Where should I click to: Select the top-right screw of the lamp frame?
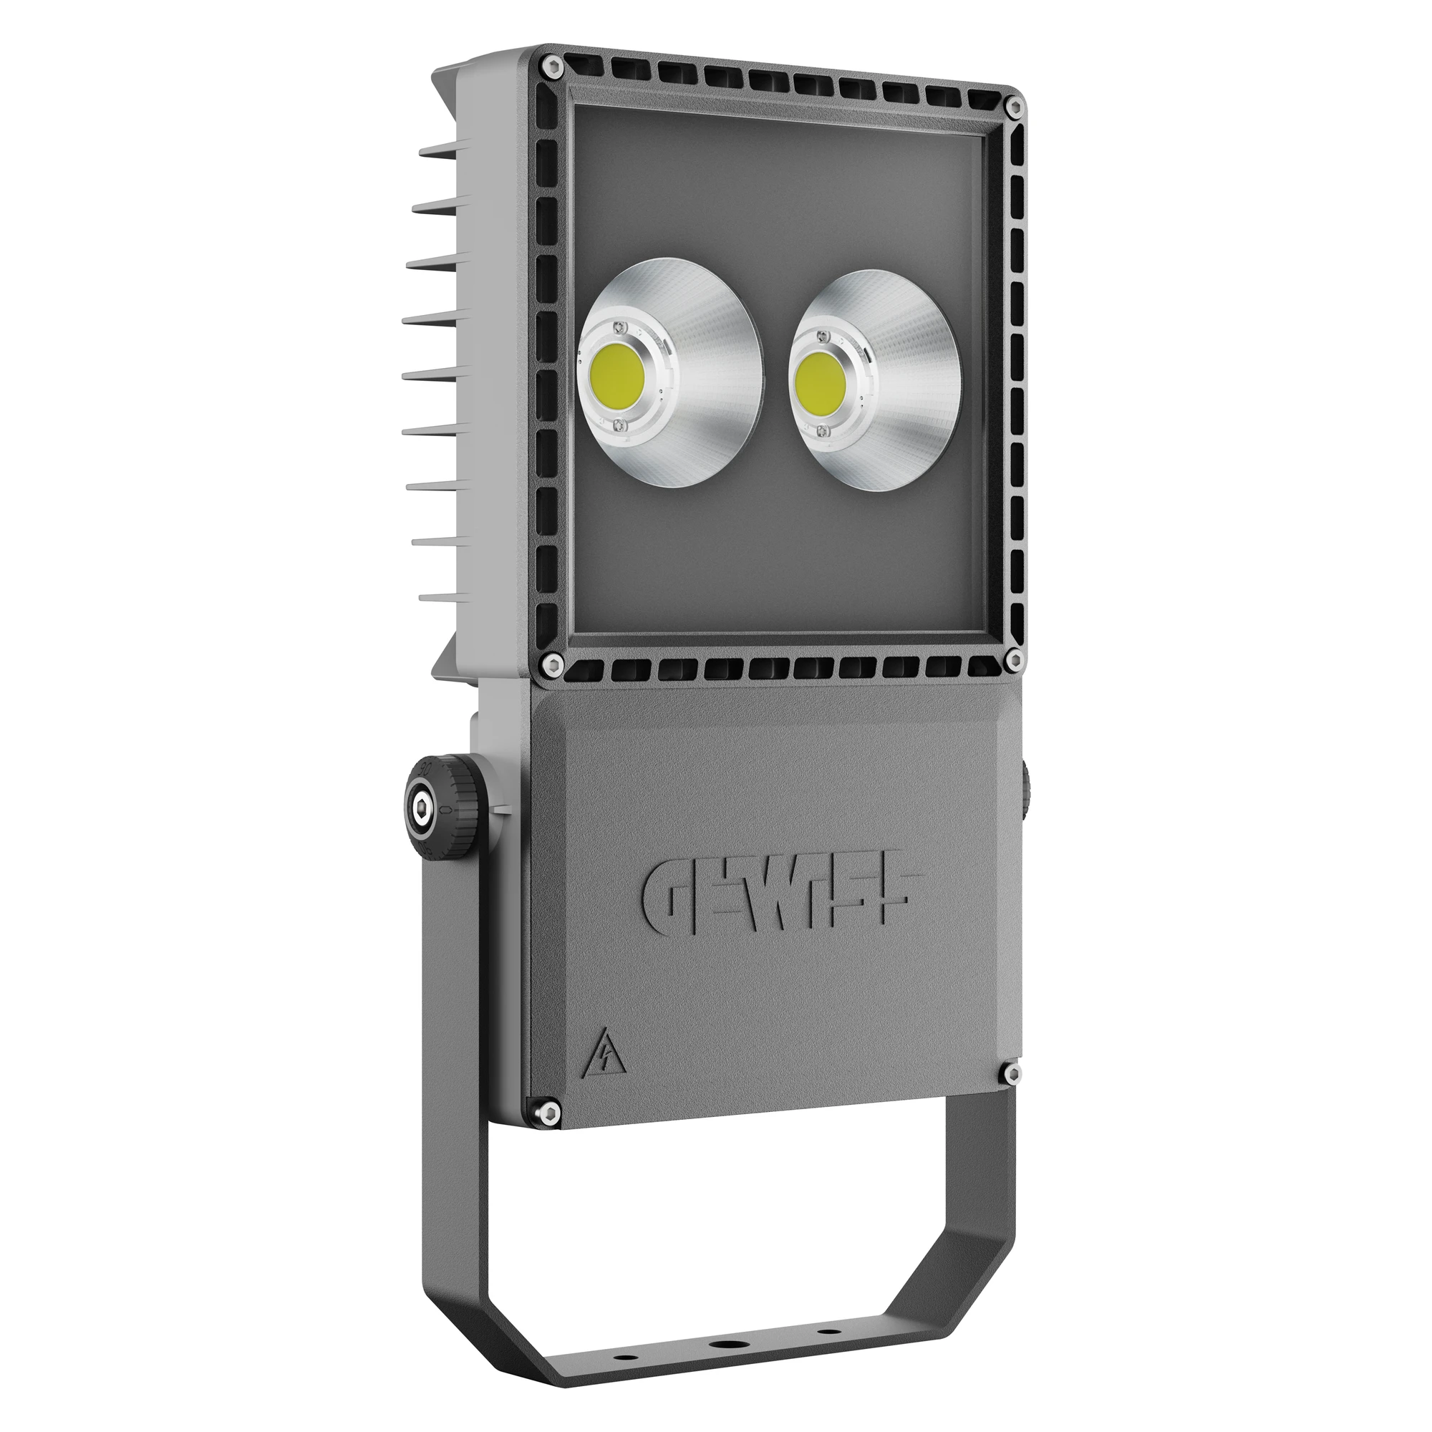1015,107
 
